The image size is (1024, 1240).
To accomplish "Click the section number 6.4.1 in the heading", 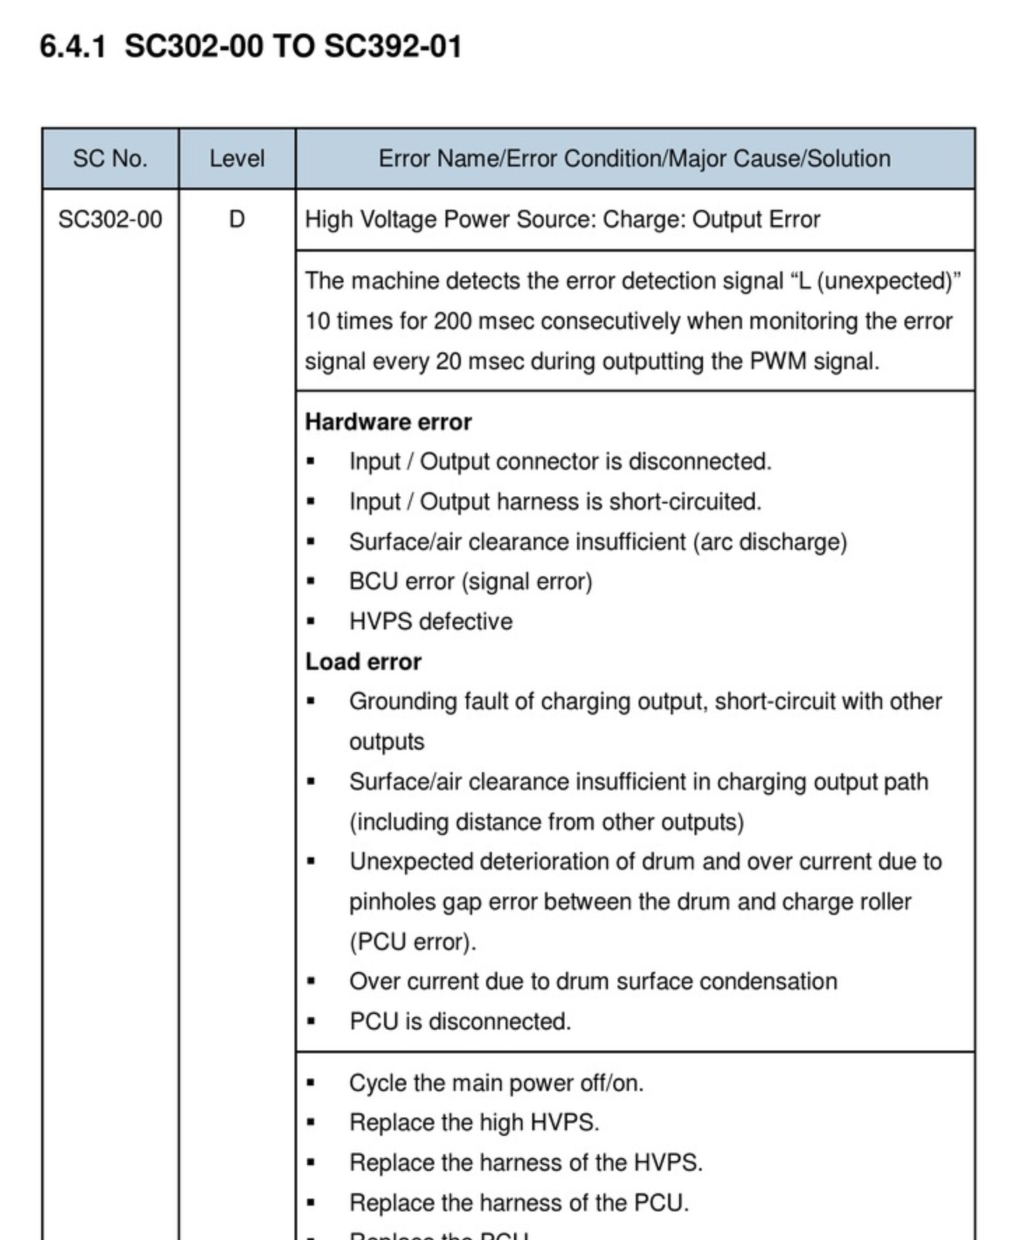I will point(73,48).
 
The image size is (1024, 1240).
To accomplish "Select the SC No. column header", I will point(110,159).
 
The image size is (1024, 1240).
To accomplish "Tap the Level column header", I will point(236,159).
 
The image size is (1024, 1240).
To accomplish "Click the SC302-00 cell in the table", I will point(110,220).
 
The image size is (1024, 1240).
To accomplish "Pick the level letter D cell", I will point(236,220).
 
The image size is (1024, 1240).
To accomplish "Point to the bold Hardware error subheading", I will point(388,422).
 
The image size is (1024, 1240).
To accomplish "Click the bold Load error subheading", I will point(363,662).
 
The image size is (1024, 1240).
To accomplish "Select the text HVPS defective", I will point(430,622).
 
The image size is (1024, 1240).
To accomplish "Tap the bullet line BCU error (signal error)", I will point(470,582).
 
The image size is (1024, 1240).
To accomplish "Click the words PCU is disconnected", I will point(460,1022).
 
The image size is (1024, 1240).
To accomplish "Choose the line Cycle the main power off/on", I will point(496,1083).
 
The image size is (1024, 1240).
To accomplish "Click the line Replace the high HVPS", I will point(474,1123).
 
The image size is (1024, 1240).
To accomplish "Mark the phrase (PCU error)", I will point(413,942).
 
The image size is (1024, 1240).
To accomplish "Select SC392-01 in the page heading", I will point(393,48).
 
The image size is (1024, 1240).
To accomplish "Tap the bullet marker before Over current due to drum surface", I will point(311,982).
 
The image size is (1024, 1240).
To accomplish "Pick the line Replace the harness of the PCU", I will point(519,1203).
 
